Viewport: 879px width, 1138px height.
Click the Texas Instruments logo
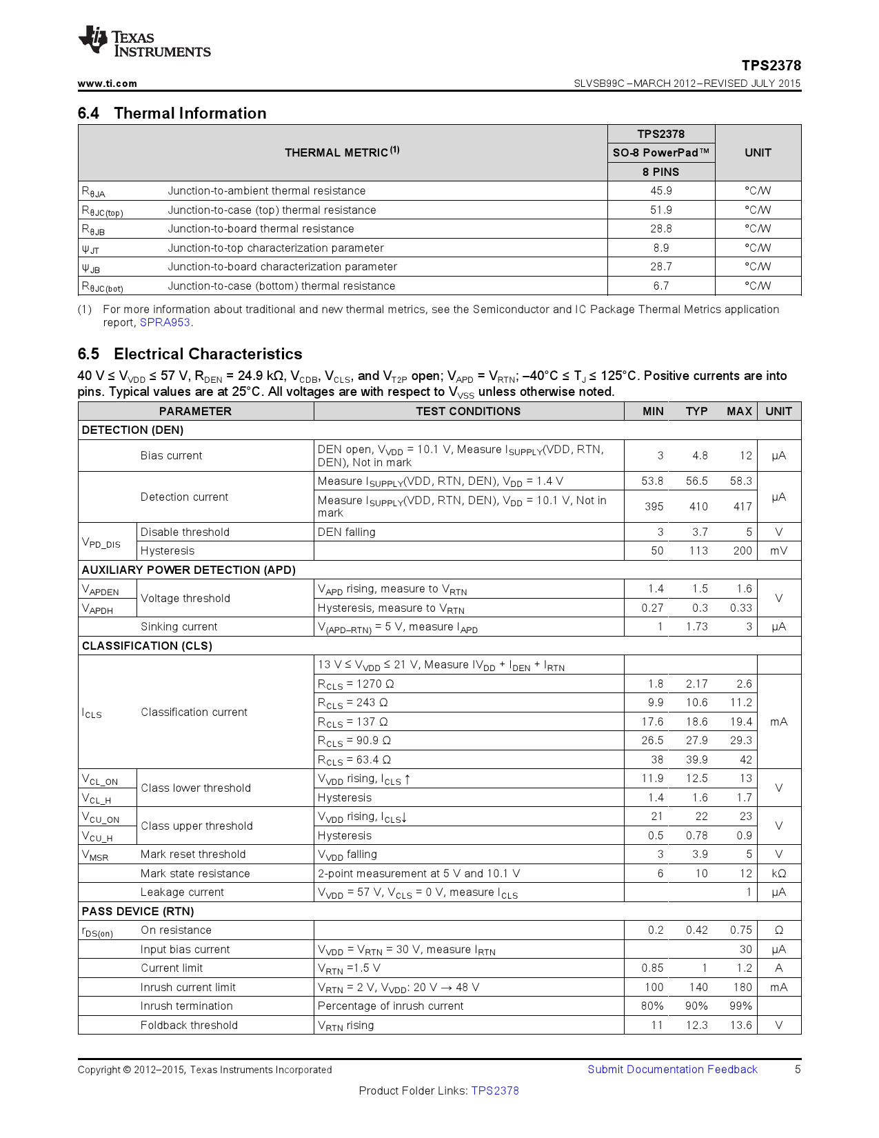(x=144, y=42)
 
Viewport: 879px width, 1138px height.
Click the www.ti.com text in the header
(x=107, y=83)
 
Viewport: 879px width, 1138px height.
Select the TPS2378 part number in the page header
(x=771, y=66)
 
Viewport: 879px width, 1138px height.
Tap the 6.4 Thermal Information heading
(x=172, y=113)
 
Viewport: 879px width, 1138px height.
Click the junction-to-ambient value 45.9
(x=660, y=191)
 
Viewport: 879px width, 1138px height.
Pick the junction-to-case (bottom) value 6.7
(x=660, y=286)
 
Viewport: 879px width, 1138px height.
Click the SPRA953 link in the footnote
(x=165, y=323)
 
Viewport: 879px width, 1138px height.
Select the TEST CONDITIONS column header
(x=468, y=411)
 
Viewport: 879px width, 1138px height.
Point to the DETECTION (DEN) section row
(x=132, y=430)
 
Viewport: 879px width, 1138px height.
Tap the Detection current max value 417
(x=742, y=506)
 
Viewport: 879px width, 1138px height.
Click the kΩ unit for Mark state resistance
(x=778, y=874)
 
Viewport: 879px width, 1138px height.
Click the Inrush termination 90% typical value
(x=696, y=1006)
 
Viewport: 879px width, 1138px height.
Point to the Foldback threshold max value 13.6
(x=740, y=1026)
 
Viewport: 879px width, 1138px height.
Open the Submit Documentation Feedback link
(x=672, y=1070)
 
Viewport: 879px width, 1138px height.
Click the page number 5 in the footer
(x=798, y=1070)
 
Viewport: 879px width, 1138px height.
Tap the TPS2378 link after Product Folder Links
(x=494, y=1091)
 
